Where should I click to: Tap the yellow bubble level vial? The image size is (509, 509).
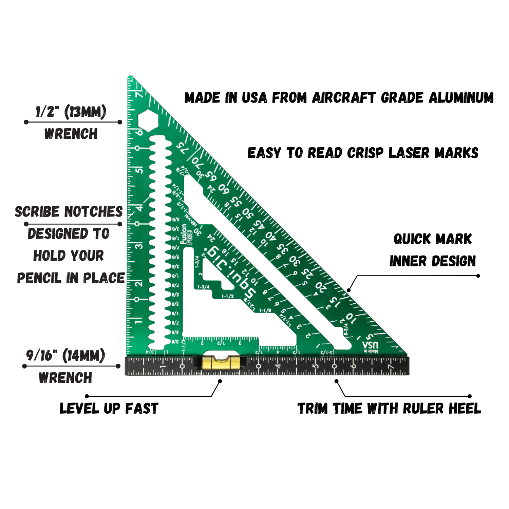[218, 362]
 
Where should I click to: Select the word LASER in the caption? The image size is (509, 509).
[410, 153]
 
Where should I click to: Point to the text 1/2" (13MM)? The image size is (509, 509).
[71, 112]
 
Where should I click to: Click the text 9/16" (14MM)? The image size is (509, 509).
[65, 355]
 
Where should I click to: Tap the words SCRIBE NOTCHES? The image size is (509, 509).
[69, 211]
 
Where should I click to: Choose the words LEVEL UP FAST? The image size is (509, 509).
[109, 408]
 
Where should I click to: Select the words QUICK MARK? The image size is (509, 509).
[433, 239]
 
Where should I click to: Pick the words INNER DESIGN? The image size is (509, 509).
[433, 261]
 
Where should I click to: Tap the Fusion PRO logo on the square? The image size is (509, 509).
[186, 234]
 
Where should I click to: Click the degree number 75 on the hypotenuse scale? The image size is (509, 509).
[182, 148]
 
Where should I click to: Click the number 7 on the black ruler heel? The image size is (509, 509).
[391, 367]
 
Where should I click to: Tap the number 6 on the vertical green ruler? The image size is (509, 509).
[139, 132]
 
